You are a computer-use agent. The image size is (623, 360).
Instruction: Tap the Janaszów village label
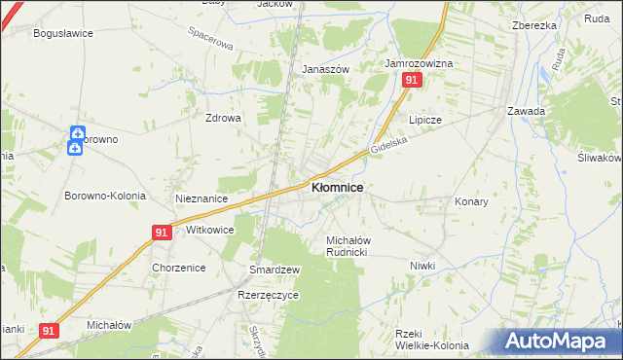(325, 70)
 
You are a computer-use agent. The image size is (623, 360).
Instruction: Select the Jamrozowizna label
(419, 63)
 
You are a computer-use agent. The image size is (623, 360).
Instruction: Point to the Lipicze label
(425, 120)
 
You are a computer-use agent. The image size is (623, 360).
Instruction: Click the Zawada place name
(526, 111)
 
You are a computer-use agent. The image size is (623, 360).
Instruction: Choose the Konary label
(471, 201)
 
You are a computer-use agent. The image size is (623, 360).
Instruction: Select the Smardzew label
(275, 269)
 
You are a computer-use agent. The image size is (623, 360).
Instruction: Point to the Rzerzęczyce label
(266, 294)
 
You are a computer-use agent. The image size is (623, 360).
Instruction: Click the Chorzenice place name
(176, 267)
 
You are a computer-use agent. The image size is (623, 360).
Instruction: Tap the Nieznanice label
(202, 198)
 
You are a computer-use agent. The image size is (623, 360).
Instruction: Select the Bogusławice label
(63, 32)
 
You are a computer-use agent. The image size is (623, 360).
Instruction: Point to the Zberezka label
(533, 25)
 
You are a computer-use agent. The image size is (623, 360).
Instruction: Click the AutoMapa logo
(560, 341)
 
